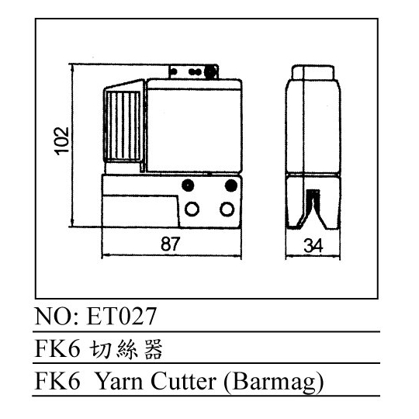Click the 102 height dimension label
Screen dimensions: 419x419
click(x=62, y=141)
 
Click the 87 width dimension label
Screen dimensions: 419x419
click(x=171, y=244)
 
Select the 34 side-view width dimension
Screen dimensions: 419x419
click(x=313, y=245)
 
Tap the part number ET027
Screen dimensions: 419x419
click(x=121, y=316)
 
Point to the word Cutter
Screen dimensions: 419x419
click(x=183, y=381)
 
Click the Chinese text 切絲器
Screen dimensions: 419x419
click(x=126, y=348)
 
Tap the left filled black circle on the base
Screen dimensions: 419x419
click(x=188, y=185)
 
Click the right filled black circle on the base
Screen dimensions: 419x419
click(x=231, y=185)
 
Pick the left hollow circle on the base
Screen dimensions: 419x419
click(x=192, y=209)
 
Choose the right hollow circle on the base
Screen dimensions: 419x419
click(x=227, y=209)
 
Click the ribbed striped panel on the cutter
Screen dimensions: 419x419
click(x=123, y=126)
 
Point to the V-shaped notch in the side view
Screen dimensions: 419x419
click(x=312, y=209)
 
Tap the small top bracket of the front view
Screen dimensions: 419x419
click(x=194, y=71)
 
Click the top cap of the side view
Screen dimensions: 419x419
click(x=313, y=72)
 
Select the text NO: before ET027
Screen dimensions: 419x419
click(x=57, y=316)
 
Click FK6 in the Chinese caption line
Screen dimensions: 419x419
click(x=57, y=348)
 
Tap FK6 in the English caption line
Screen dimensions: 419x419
click(x=57, y=381)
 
